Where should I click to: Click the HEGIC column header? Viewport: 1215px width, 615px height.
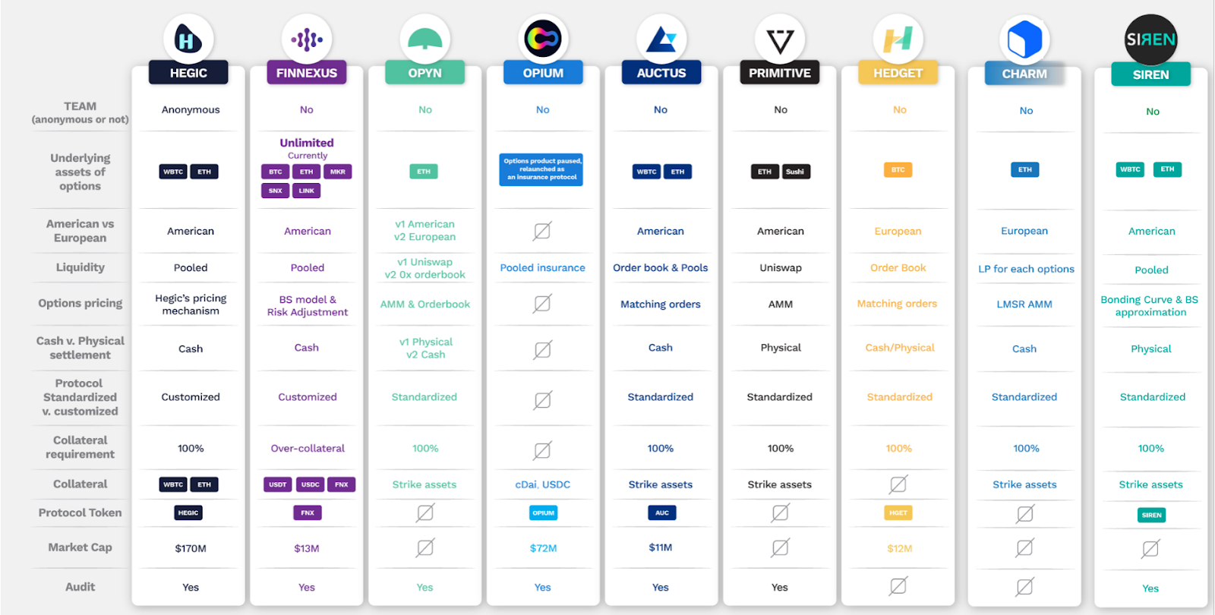188,73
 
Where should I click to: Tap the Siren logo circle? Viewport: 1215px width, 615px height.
1150,39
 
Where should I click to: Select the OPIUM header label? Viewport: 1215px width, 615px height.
543,73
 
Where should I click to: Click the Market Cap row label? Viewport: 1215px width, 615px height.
80,547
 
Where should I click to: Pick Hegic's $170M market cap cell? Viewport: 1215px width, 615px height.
191,548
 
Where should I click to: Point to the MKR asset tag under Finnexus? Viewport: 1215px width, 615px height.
338,172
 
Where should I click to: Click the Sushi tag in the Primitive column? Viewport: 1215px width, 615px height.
795,172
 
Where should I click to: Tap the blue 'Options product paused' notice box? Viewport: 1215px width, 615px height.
542,169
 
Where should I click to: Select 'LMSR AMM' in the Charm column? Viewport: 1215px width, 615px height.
1024,304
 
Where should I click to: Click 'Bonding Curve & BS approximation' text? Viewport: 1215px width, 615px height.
1150,306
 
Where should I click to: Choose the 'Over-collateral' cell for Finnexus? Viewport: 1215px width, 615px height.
308,449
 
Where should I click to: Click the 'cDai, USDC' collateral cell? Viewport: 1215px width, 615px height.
542,484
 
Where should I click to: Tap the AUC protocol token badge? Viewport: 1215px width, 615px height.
661,513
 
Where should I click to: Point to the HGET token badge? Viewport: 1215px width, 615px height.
898,513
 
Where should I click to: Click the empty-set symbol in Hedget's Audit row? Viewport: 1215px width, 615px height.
898,586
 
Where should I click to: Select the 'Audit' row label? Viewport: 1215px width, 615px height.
80,587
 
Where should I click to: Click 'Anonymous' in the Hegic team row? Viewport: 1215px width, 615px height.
191,110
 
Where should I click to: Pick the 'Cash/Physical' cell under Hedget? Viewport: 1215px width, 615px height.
900,348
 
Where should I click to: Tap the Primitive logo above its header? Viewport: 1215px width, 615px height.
780,39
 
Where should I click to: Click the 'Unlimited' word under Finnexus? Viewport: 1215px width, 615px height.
307,143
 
